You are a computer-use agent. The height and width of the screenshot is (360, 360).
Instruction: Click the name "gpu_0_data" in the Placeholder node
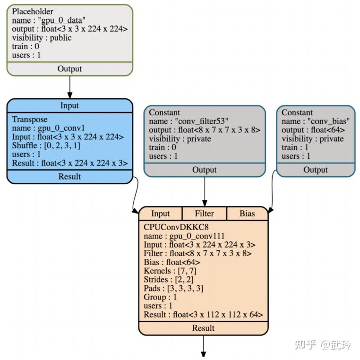[49, 20]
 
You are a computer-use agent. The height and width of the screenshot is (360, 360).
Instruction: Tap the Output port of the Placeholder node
[69, 69]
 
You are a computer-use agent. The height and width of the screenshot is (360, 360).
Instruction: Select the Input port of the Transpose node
[69, 105]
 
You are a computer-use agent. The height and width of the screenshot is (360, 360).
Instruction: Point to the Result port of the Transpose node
[69, 177]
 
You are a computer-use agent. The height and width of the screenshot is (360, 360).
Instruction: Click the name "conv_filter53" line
[189, 121]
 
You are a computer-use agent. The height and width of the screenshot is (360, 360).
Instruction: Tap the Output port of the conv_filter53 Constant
[204, 170]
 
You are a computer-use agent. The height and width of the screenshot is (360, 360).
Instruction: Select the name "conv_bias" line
[316, 121]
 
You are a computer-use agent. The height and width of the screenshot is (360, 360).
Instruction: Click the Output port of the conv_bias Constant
[316, 170]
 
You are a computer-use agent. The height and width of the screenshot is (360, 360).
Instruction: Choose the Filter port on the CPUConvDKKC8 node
[204, 214]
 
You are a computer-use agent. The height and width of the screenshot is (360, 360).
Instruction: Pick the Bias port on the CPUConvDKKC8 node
[247, 214]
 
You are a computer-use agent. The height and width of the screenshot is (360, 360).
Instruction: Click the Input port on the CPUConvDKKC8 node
[160, 214]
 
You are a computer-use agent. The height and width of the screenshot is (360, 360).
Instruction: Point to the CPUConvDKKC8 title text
[169, 227]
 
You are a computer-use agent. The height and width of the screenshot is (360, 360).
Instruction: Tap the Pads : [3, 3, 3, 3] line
[173, 288]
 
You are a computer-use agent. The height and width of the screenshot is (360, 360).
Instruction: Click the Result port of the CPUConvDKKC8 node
[204, 328]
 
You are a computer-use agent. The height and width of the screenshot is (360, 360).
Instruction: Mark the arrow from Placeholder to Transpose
[69, 86]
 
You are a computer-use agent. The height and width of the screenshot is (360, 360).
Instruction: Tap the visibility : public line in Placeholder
[42, 38]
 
